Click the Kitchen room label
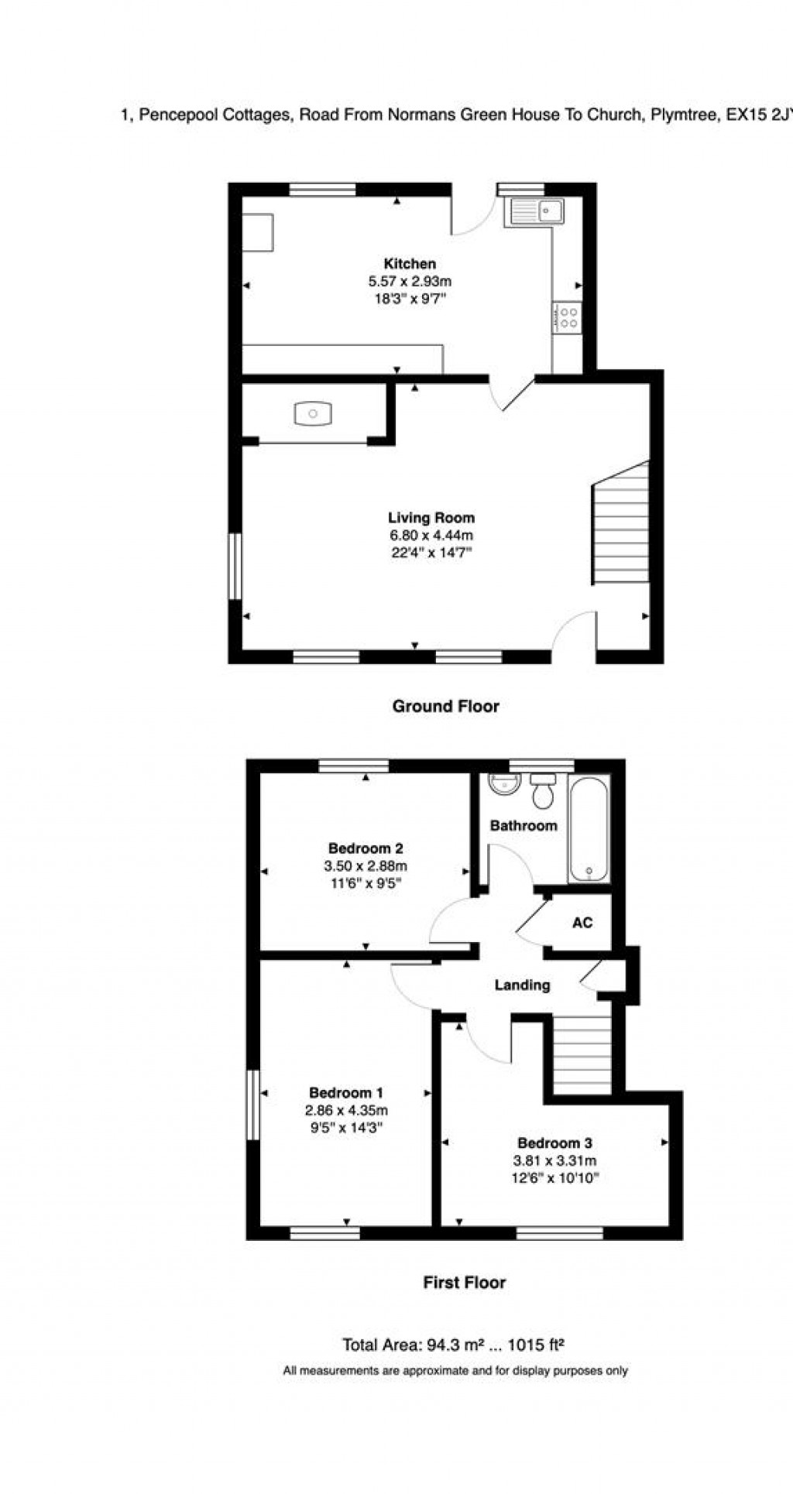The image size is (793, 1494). pyautogui.click(x=410, y=264)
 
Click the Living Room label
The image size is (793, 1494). pyautogui.click(x=431, y=518)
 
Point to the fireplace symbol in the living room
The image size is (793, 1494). pyautogui.click(x=313, y=413)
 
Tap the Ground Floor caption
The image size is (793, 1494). pyautogui.click(x=446, y=706)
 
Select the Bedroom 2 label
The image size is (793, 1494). pyautogui.click(x=366, y=848)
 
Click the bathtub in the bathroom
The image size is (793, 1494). pyautogui.click(x=589, y=829)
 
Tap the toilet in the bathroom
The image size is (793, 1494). pyautogui.click(x=543, y=790)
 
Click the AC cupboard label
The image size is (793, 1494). pyautogui.click(x=582, y=923)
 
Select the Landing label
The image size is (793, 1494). pyautogui.click(x=523, y=985)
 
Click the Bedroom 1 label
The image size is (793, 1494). pyautogui.click(x=346, y=1093)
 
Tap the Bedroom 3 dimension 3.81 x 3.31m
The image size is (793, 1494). pyautogui.click(x=554, y=1160)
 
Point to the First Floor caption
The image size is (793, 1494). pyautogui.click(x=465, y=1283)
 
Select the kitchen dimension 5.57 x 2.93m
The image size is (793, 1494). pyautogui.click(x=410, y=282)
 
